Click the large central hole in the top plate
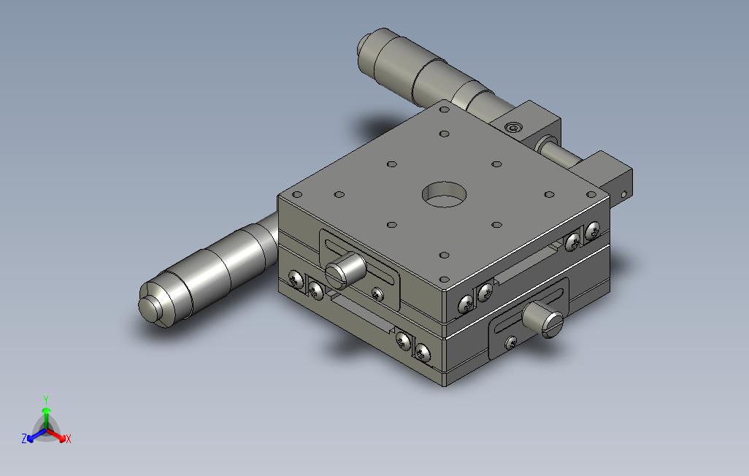coord(445,194)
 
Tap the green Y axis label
coord(46,399)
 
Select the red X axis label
coord(69,439)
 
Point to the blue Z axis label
coord(24,438)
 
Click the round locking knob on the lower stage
coord(544,319)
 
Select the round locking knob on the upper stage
coord(345,270)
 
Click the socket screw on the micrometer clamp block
coord(514,128)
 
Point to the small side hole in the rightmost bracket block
coord(623,194)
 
